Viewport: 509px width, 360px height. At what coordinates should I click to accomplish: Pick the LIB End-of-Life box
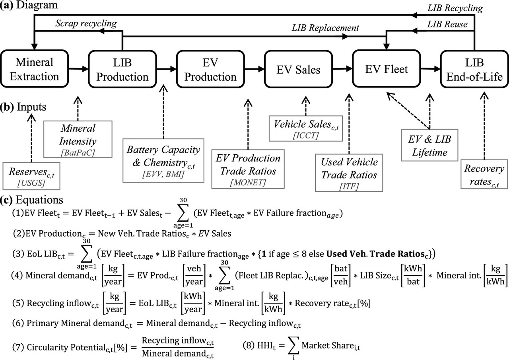(x=474, y=69)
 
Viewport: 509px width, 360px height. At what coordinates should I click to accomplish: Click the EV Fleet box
(x=387, y=69)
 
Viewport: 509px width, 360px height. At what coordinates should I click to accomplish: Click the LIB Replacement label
(x=325, y=28)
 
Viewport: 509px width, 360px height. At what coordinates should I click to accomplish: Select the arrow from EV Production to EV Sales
(x=254, y=69)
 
